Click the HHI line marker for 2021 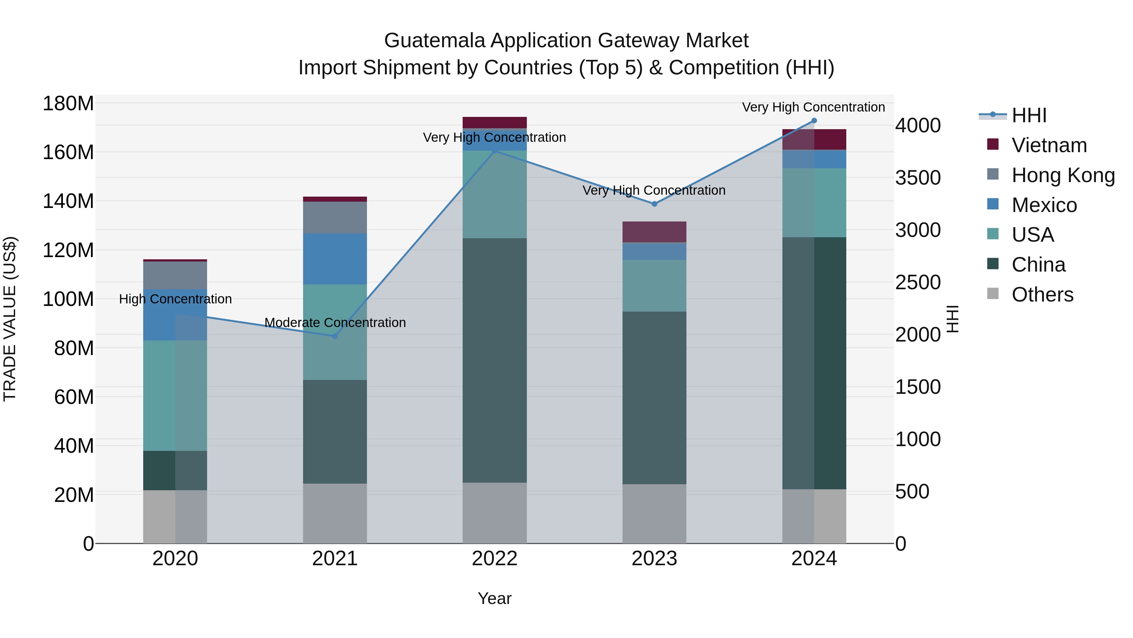[x=335, y=336]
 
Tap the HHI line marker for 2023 [x=654, y=204]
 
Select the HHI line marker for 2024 [x=814, y=121]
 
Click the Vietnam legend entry [x=1049, y=145]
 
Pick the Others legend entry [x=1042, y=295]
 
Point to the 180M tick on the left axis [x=68, y=104]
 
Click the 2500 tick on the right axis [x=918, y=282]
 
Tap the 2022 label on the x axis [x=494, y=559]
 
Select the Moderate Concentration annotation [x=335, y=322]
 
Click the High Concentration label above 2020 [x=175, y=299]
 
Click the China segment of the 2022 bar [x=494, y=360]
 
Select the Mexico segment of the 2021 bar [x=335, y=259]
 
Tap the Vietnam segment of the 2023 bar [x=654, y=232]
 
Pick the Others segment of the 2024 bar [x=814, y=516]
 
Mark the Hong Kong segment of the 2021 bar [x=335, y=217]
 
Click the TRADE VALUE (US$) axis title [x=10, y=319]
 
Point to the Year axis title [x=494, y=598]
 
